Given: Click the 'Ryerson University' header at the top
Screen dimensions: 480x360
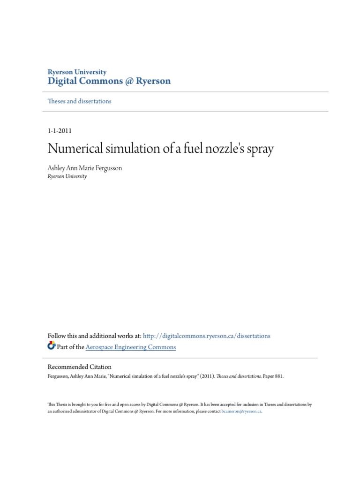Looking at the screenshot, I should coord(77,72).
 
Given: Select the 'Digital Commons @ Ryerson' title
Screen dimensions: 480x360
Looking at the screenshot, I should coord(109,82).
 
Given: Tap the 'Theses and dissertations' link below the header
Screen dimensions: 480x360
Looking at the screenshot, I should coord(80,101).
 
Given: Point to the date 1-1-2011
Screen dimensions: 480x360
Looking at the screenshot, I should coord(60,131).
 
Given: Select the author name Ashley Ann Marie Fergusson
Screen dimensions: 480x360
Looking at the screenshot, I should coord(85,168).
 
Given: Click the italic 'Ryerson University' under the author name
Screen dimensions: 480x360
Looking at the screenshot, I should coord(67,177).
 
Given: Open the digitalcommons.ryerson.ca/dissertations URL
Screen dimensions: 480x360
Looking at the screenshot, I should coord(207,336).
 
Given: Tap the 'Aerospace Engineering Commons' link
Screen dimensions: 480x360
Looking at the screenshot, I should coord(131,347).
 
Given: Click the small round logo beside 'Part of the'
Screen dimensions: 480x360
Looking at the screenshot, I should coord(52,346).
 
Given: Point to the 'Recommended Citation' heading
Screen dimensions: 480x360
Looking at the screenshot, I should coord(80,367).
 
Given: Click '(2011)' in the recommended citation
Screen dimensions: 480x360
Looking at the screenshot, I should coord(209,376).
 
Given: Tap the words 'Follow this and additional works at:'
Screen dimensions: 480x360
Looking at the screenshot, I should coord(94,336).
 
